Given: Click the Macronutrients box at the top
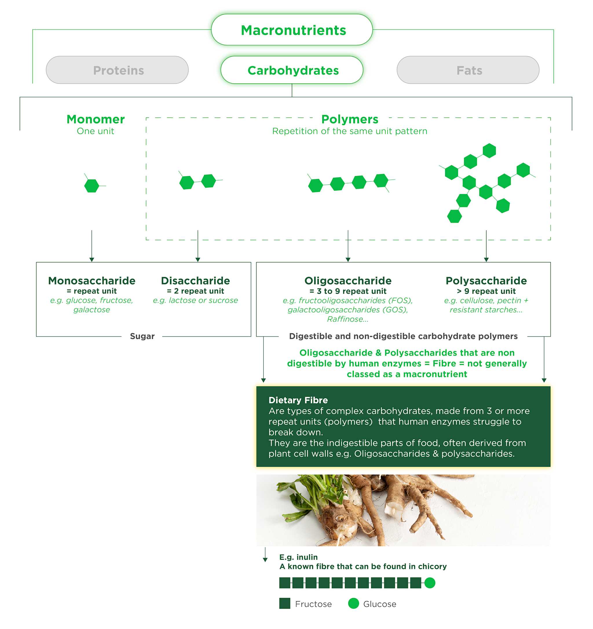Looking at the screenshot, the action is click(292, 30).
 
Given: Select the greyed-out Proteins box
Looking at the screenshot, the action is click(117, 70).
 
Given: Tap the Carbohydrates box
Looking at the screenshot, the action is click(292, 70).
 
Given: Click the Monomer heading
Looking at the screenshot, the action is click(96, 119).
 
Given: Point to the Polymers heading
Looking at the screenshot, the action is click(349, 119).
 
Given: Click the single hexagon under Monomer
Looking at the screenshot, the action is click(92, 185).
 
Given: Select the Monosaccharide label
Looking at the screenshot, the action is click(92, 281).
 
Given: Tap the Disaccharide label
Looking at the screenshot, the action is click(195, 281).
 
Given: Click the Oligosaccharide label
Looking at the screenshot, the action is click(348, 281).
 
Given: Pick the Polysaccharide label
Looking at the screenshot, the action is click(486, 281).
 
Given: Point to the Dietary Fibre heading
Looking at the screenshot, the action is click(298, 400).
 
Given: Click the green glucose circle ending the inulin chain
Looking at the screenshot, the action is click(429, 582).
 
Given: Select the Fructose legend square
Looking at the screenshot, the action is click(285, 604).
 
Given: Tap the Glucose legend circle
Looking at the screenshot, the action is click(353, 604).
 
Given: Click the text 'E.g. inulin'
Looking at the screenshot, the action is click(298, 557).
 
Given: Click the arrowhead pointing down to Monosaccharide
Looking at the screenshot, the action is click(92, 260).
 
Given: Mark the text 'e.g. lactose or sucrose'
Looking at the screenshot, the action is click(195, 300).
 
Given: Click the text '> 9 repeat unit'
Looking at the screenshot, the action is click(486, 291).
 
